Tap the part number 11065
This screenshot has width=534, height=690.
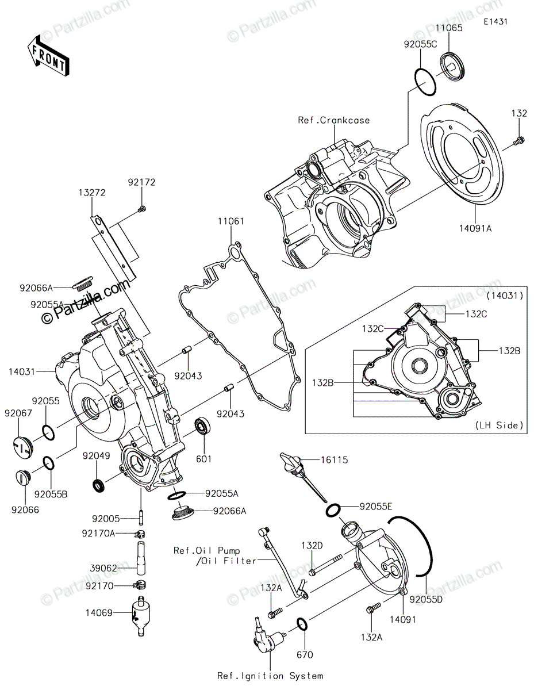449,28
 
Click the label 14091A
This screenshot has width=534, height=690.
475,228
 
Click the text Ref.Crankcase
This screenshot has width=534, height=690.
334,120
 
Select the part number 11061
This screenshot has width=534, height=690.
231,221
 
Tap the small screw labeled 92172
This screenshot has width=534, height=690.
142,209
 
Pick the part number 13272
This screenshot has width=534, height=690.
93,193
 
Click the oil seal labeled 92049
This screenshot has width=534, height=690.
98,485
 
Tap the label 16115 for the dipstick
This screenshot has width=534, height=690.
335,459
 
